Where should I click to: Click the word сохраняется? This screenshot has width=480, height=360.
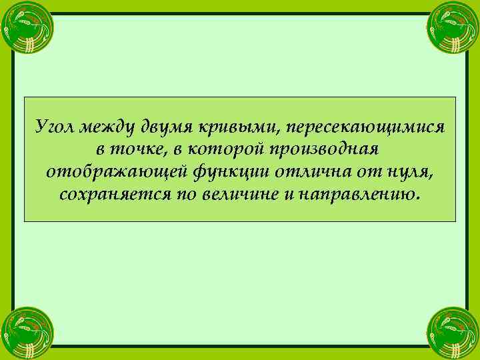tap(113, 195)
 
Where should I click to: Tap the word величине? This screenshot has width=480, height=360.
tap(225, 195)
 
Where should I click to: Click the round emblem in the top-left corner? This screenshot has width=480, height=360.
tap(27, 26)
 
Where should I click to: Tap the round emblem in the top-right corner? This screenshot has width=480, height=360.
tap(453, 26)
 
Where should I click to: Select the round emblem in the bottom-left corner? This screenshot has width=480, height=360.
tap(27, 333)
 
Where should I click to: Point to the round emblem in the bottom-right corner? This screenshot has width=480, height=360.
tap(453, 333)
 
